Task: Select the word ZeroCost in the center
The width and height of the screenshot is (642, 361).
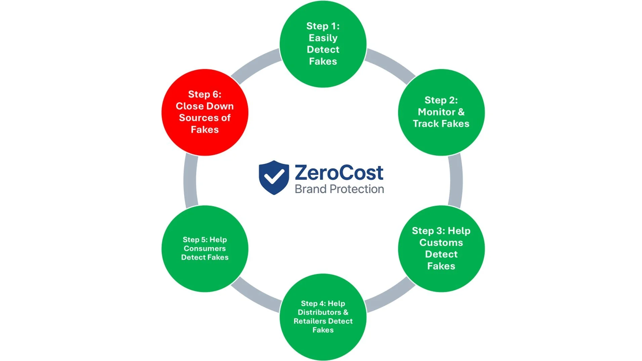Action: coord(339,173)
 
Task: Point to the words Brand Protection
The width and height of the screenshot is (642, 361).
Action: coord(339,189)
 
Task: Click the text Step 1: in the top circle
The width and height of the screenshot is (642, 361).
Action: coord(323,26)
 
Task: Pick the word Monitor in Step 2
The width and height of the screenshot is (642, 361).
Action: coord(436,112)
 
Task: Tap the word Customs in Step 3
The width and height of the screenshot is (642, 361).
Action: coord(441,242)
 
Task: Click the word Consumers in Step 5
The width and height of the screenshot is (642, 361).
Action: coord(205,249)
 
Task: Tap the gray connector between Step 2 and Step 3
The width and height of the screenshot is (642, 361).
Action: coord(456,181)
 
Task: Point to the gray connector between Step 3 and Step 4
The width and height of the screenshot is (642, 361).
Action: coord(391,296)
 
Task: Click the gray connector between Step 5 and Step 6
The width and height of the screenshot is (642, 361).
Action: coord(190,181)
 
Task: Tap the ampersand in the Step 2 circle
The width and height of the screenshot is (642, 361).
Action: coord(461,112)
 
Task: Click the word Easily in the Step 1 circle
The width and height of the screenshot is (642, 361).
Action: coord(323,38)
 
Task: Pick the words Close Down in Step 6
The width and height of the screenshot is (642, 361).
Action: coord(205,106)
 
